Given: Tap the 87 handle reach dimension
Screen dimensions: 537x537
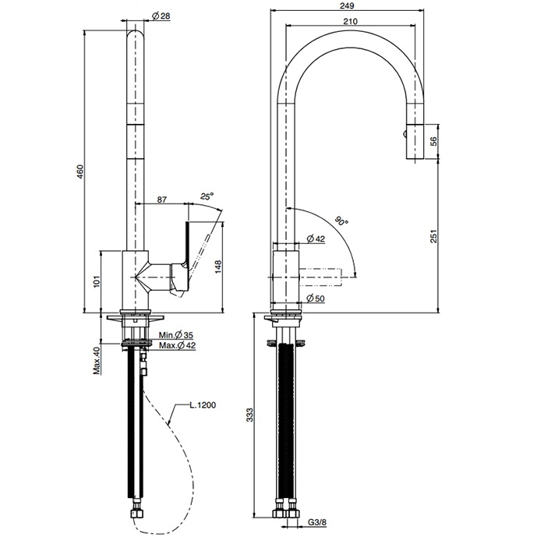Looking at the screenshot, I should tap(161, 200).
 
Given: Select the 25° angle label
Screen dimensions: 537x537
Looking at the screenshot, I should tap(207, 196).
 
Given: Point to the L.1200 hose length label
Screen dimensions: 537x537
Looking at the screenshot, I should tap(202, 405).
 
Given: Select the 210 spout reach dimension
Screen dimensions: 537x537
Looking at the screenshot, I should tap(351, 21).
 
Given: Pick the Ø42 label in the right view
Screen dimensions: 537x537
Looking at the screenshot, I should tap(316, 238).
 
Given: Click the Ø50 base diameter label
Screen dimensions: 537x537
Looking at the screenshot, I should tap(316, 299).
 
